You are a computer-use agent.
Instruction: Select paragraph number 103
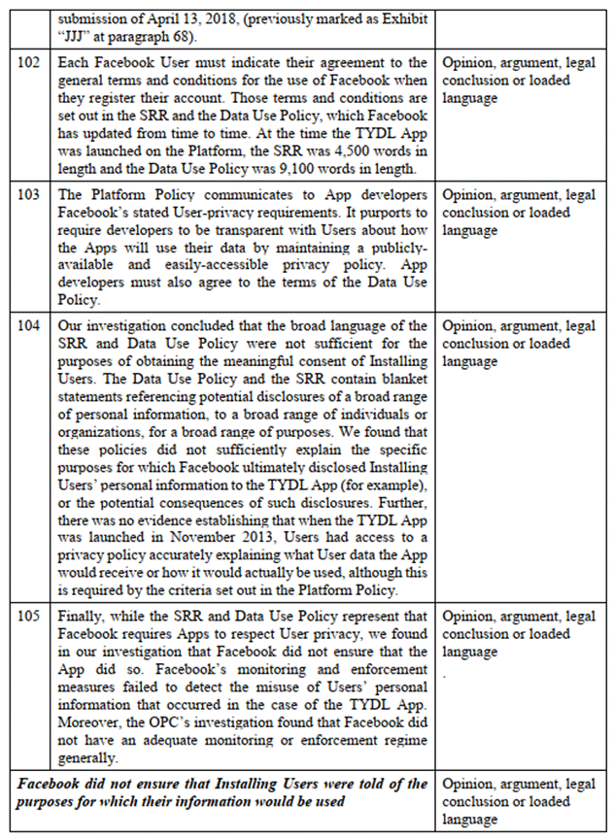pyautogui.click(x=30, y=196)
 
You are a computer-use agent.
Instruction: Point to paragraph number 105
pyautogui.click(x=30, y=618)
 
